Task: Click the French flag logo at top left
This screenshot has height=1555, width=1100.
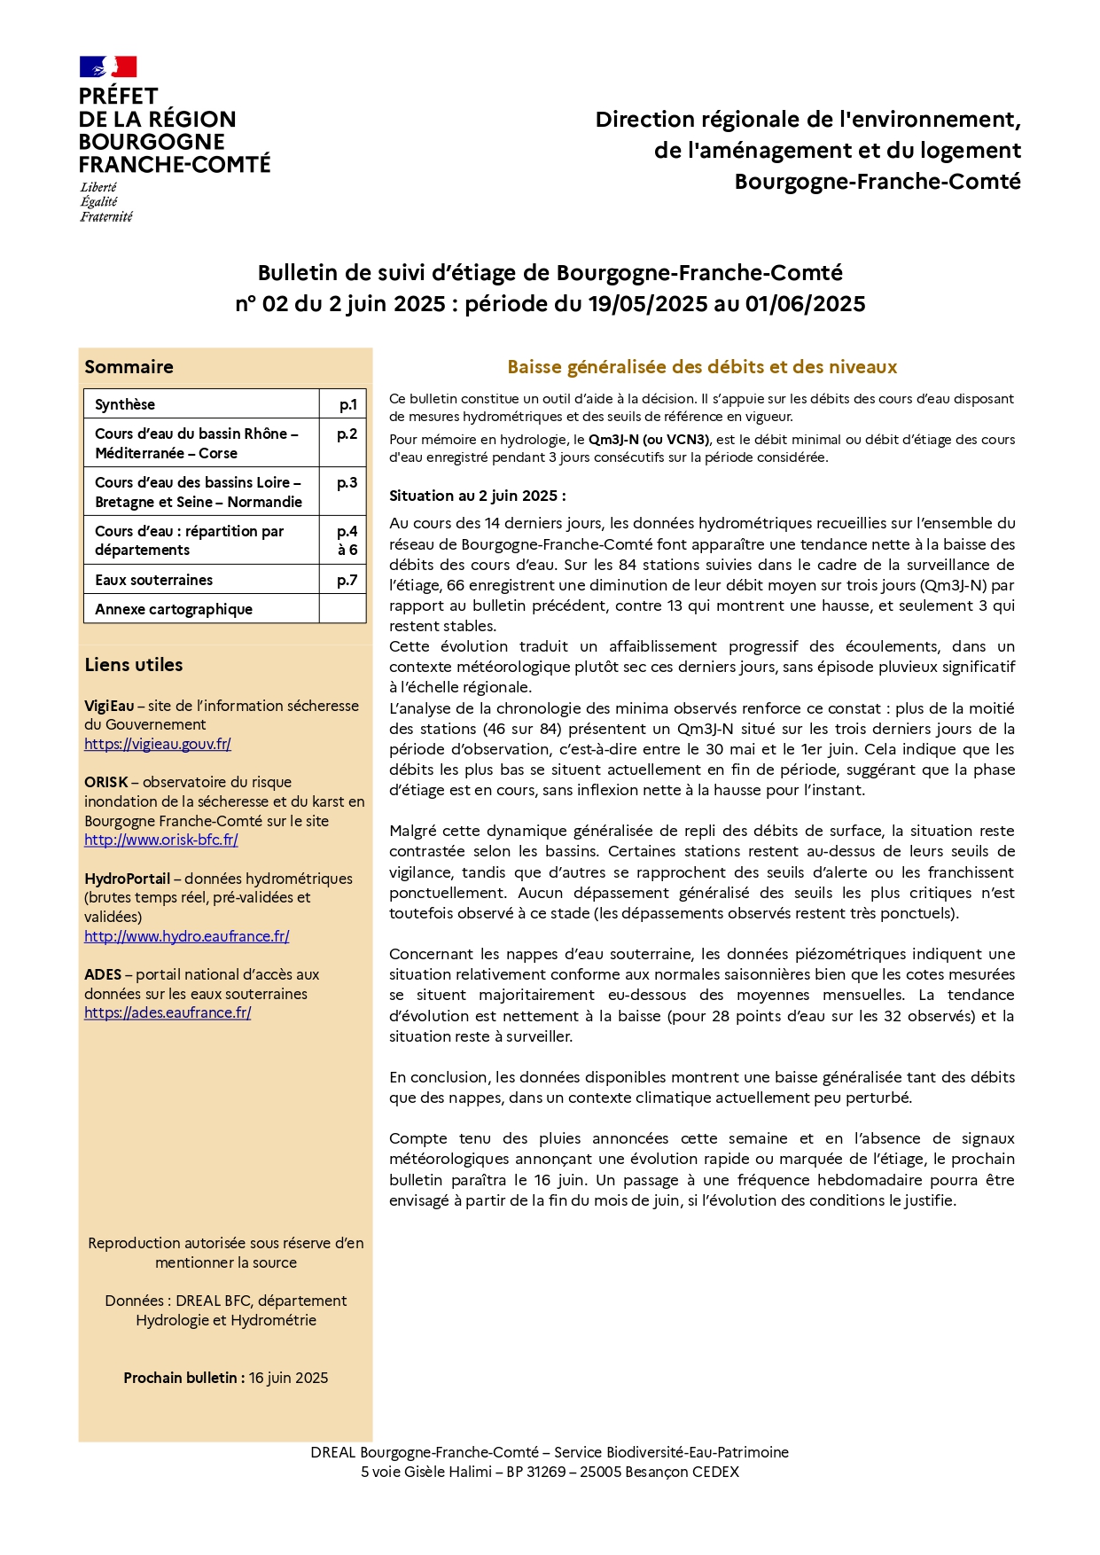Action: pyautogui.click(x=108, y=66)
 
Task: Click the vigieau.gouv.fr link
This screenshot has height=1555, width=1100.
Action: pyautogui.click(x=158, y=745)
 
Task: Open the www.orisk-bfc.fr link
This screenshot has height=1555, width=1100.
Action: pyautogui.click(x=161, y=840)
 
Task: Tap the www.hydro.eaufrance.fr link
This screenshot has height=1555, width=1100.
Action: pyautogui.click(x=187, y=936)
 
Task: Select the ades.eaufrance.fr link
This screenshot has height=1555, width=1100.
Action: pyautogui.click(x=168, y=1012)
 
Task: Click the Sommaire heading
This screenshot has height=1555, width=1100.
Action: pyautogui.click(x=129, y=367)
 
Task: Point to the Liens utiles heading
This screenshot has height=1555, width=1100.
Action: pyautogui.click(x=134, y=665)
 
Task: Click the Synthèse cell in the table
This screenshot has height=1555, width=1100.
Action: pyautogui.click(x=125, y=404)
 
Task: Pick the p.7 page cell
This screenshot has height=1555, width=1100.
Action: pyautogui.click(x=347, y=580)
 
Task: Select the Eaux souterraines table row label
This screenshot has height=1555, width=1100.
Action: pyautogui.click(x=154, y=580)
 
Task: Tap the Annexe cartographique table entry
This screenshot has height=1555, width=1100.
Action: pyautogui.click(x=174, y=609)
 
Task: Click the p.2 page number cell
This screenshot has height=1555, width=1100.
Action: pyautogui.click(x=347, y=434)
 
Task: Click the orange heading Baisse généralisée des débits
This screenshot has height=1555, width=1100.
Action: pyautogui.click(x=702, y=367)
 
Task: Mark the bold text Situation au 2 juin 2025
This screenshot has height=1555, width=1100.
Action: pyautogui.click(x=477, y=496)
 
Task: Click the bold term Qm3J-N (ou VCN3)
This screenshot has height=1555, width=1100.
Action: pyautogui.click(x=649, y=440)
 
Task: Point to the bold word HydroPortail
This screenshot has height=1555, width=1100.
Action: pyautogui.click(x=128, y=879)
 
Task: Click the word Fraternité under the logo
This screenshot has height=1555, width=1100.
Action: pyautogui.click(x=106, y=217)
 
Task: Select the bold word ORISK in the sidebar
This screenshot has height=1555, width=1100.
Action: pyautogui.click(x=106, y=782)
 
